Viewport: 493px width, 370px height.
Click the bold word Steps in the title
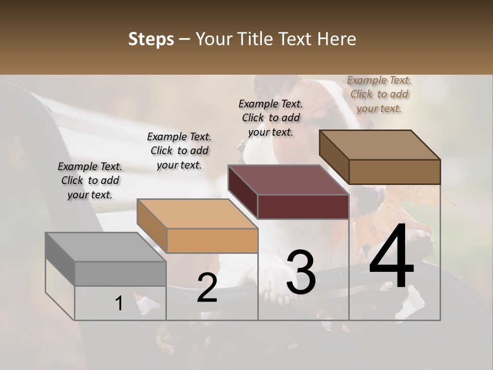[151, 39]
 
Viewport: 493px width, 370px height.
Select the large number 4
[391, 257]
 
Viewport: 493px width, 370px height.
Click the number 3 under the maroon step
[301, 272]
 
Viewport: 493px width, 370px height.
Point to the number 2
[207, 288]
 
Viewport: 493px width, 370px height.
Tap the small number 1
[119, 304]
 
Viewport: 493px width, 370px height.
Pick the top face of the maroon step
[288, 180]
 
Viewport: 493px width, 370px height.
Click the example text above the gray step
[90, 180]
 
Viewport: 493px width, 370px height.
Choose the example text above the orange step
[179, 151]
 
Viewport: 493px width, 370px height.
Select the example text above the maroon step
[271, 118]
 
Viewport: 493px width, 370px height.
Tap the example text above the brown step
[379, 94]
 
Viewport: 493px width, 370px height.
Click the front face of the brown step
[394, 172]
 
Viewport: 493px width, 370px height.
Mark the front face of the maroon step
[303, 207]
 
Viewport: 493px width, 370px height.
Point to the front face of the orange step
[212, 240]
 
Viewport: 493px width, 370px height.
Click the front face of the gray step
[120, 273]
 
